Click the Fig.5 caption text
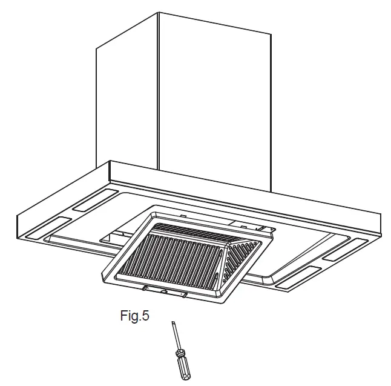click(x=134, y=316)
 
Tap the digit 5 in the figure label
click(x=146, y=315)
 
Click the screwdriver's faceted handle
click(x=183, y=368)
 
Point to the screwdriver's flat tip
click(x=173, y=324)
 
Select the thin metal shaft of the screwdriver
click(x=176, y=336)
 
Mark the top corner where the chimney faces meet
click(x=159, y=12)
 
